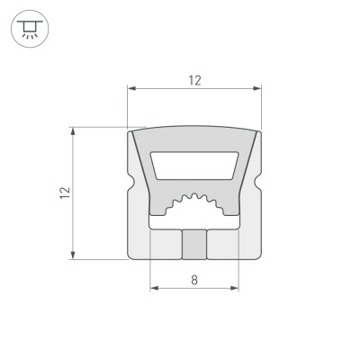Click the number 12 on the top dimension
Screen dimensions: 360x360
click(194, 81)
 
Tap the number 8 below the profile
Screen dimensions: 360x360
click(194, 280)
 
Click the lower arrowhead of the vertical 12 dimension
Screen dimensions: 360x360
click(71, 256)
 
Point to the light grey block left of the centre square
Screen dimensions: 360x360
click(165, 244)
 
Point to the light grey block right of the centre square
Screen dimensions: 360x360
click(224, 244)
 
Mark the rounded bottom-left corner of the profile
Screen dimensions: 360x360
click(131, 253)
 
